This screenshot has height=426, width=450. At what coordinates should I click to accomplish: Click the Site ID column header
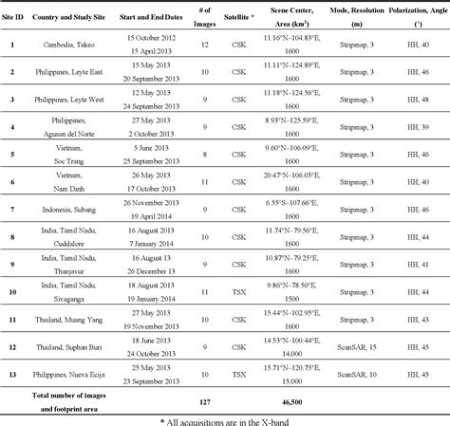[12, 17]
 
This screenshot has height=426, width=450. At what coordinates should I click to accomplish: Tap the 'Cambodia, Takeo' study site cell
[74, 45]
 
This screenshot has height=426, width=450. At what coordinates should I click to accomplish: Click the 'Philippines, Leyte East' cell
[74, 71]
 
